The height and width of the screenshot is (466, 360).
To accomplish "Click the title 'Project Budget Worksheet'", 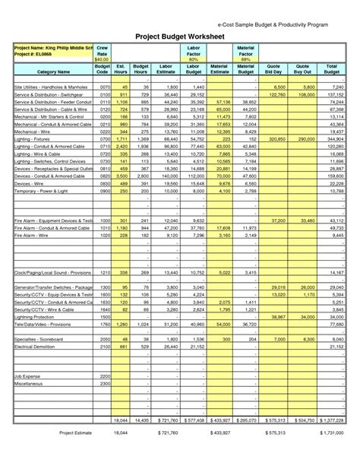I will [x=180, y=36].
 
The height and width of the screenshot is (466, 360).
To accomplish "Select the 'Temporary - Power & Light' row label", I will [x=43, y=191].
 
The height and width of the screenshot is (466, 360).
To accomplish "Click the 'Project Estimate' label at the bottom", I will [x=75, y=433].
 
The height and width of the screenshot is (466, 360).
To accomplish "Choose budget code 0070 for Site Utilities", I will [x=106, y=87].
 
